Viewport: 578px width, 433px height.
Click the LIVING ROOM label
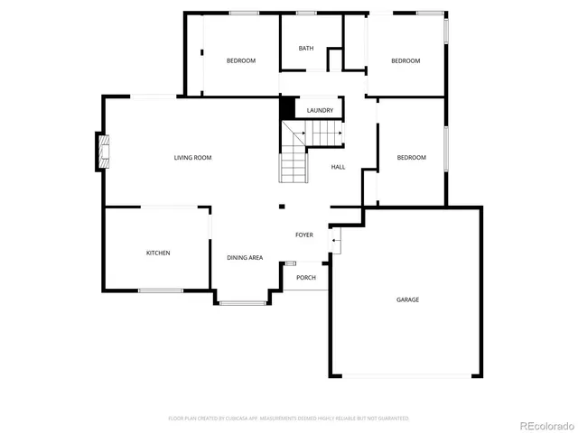[192, 158]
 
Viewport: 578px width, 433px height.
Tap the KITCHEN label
[158, 253]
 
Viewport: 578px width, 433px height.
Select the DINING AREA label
[245, 258]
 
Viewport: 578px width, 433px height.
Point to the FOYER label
[304, 235]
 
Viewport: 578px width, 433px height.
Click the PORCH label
[306, 277]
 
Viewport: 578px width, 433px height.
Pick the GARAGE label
[407, 299]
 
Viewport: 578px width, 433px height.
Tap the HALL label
[338, 167]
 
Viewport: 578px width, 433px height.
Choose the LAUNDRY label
[320, 110]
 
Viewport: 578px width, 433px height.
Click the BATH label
[306, 48]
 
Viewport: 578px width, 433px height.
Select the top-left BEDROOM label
[240, 60]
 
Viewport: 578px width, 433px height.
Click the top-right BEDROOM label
[406, 60]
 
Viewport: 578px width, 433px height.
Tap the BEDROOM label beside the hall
[411, 158]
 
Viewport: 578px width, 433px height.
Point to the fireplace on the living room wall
[103, 152]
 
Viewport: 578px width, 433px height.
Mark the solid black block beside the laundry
[287, 107]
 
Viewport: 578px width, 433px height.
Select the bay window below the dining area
[242, 302]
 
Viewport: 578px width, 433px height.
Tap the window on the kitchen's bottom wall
[161, 290]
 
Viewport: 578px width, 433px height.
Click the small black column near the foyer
[282, 205]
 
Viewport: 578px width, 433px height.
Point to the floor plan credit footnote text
[288, 419]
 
